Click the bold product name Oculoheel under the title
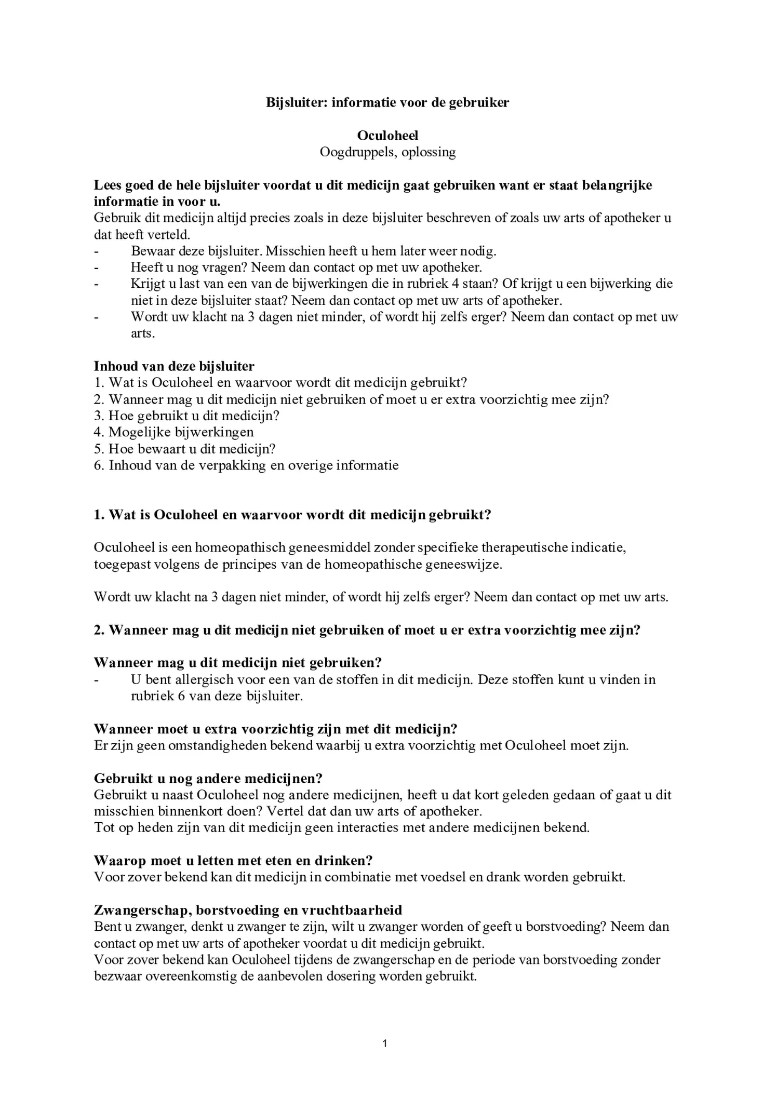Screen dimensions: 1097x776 pos(387,136)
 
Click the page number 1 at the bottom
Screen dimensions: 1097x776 pos(384,1043)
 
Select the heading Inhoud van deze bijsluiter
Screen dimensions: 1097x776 pos(174,366)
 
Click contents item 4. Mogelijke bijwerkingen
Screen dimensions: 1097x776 pos(174,432)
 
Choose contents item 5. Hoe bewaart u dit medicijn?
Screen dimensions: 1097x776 pos(185,449)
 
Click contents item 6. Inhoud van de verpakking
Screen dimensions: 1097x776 pos(246,465)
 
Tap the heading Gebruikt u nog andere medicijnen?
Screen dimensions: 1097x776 pos(208,779)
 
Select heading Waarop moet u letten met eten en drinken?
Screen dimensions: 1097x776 pos(233,861)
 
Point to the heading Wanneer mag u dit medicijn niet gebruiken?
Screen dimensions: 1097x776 pos(238,663)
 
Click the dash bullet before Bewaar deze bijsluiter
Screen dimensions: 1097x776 pos(97,251)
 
